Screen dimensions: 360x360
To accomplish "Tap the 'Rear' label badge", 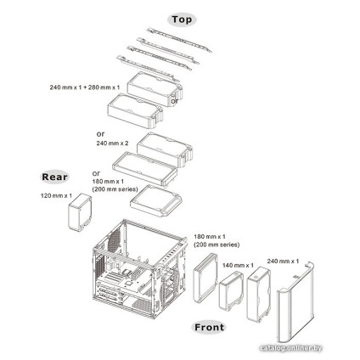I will (56, 177).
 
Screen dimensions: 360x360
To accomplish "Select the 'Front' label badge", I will (210, 327).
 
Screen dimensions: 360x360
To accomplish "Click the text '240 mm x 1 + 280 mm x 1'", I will (83, 87).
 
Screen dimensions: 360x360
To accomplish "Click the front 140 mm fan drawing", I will (230, 294).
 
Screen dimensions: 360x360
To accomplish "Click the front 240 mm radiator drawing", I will (259, 294).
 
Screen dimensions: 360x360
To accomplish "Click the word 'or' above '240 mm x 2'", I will (101, 133).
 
